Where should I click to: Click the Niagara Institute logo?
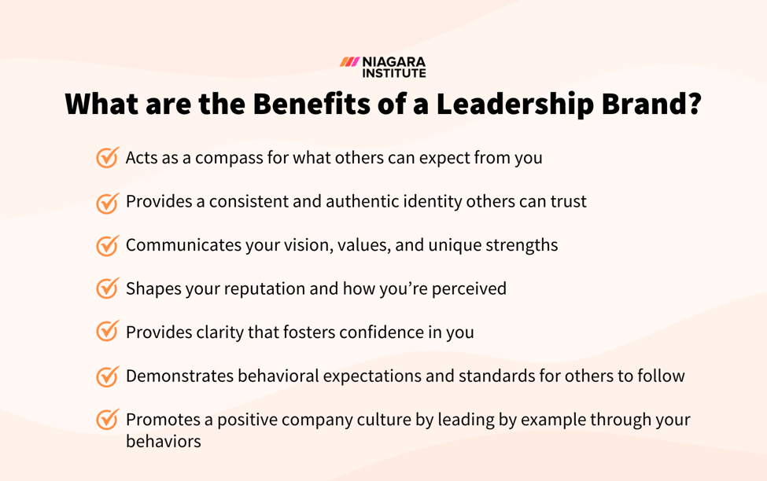coord(383,67)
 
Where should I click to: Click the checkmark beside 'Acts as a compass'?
coord(108,157)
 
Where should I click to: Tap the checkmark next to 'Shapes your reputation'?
coord(108,288)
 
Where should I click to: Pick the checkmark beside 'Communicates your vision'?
coord(108,245)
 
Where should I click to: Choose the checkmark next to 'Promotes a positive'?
coord(108,420)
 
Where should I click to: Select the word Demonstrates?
coord(182,376)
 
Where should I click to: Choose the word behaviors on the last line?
coord(163,442)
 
